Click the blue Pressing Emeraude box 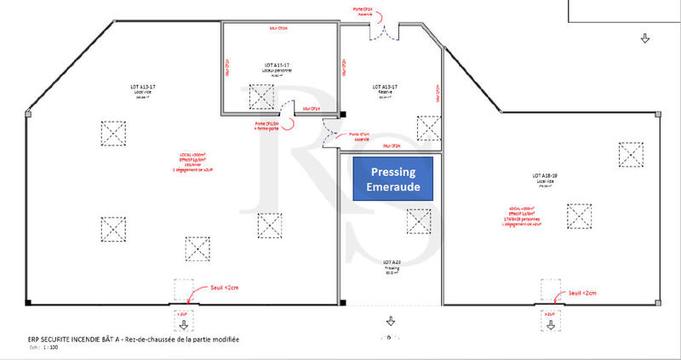(393, 179)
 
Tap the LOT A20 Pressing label (392, 266)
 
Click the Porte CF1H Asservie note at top (363, 12)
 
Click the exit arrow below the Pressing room (390, 321)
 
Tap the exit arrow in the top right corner (644, 37)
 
